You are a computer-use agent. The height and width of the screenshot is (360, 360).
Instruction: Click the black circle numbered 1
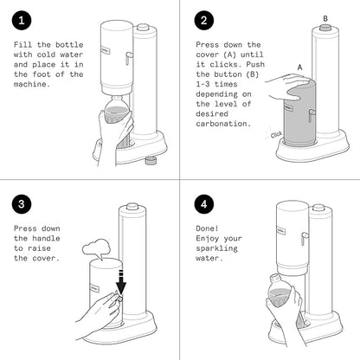point(22,20)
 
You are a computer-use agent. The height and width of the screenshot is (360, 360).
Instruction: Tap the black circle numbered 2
point(204,20)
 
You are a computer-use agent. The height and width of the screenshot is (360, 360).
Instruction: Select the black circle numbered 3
point(22,204)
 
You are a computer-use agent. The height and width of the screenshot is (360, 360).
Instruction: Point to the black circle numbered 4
point(204,204)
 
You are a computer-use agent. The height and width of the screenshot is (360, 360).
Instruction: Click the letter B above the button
point(325,19)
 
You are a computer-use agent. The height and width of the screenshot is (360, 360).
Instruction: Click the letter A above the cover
point(300,67)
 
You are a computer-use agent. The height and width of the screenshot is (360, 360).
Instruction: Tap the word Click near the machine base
point(276,134)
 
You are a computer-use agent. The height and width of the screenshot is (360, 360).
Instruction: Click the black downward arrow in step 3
point(121,283)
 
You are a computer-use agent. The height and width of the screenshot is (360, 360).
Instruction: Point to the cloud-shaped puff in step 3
point(96,248)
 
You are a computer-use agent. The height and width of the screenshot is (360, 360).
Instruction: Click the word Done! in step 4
point(207,228)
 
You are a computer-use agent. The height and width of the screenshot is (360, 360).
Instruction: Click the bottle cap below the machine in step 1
point(151,160)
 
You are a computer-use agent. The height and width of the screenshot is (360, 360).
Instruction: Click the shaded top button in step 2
point(325,28)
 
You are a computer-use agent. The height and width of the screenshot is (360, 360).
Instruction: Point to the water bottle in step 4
point(280,292)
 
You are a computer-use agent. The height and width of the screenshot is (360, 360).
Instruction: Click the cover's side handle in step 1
point(128,58)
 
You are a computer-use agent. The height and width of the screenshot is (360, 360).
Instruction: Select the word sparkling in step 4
point(216,248)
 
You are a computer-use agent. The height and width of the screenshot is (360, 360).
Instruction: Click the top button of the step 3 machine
point(132,207)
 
